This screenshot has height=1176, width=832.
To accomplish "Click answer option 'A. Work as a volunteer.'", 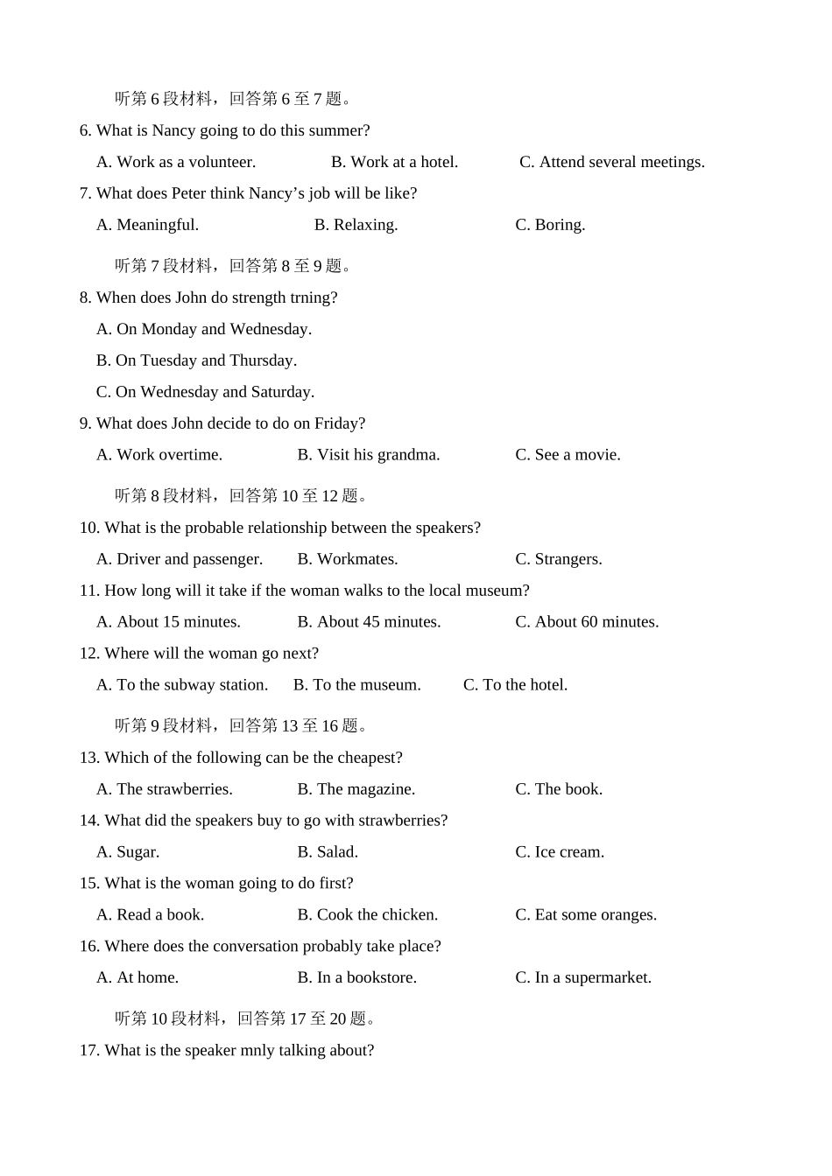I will click(x=175, y=162).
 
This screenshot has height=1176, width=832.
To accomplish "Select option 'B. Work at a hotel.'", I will click(x=394, y=162).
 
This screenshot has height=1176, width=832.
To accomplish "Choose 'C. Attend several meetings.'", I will click(x=611, y=162).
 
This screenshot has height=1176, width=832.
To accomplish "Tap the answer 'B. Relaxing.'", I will click(x=356, y=225).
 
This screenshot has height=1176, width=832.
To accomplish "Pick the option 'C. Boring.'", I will click(x=550, y=225).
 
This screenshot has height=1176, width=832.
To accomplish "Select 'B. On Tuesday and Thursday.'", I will click(x=196, y=360).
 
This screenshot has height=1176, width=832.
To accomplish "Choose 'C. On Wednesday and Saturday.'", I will click(x=205, y=392).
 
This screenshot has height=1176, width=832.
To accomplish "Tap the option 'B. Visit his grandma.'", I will click(x=368, y=455).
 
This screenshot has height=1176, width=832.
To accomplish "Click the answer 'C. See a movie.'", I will click(x=568, y=455).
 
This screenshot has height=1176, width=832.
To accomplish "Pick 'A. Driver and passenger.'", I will click(x=179, y=559).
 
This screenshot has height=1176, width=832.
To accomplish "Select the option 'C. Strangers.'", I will click(x=558, y=559).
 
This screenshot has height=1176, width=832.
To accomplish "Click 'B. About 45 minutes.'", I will click(x=369, y=622).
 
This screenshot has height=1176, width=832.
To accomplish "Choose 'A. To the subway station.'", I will click(x=181, y=685).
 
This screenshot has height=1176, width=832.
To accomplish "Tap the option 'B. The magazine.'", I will click(x=356, y=789).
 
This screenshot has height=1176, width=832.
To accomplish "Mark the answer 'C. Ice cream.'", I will click(x=559, y=852).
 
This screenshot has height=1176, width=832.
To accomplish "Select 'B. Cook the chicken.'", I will click(x=367, y=915).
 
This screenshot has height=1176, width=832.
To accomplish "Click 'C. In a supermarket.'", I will click(x=582, y=978).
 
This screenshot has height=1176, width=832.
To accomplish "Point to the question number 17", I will click(x=88, y=1051).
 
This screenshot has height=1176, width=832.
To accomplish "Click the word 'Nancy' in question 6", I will click(x=173, y=130).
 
